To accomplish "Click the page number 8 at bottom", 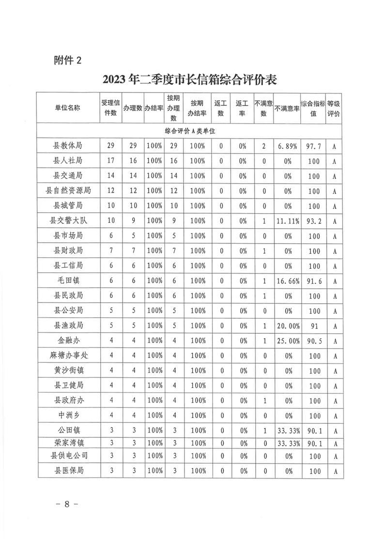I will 67,504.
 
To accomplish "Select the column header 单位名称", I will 67,108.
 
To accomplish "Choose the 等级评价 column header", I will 334,109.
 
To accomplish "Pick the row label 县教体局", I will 67,146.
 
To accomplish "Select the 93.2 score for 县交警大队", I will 314,221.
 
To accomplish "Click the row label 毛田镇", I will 67,280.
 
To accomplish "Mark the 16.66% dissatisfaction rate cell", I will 287,281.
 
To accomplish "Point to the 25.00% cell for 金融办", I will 287,341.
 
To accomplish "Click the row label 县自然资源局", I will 67,190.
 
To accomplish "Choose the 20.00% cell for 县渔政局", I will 287,326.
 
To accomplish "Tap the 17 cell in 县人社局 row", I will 111,161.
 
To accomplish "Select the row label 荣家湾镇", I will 67,443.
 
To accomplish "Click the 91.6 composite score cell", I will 314,281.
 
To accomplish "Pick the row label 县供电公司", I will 67,456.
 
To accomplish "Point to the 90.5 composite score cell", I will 314,341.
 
